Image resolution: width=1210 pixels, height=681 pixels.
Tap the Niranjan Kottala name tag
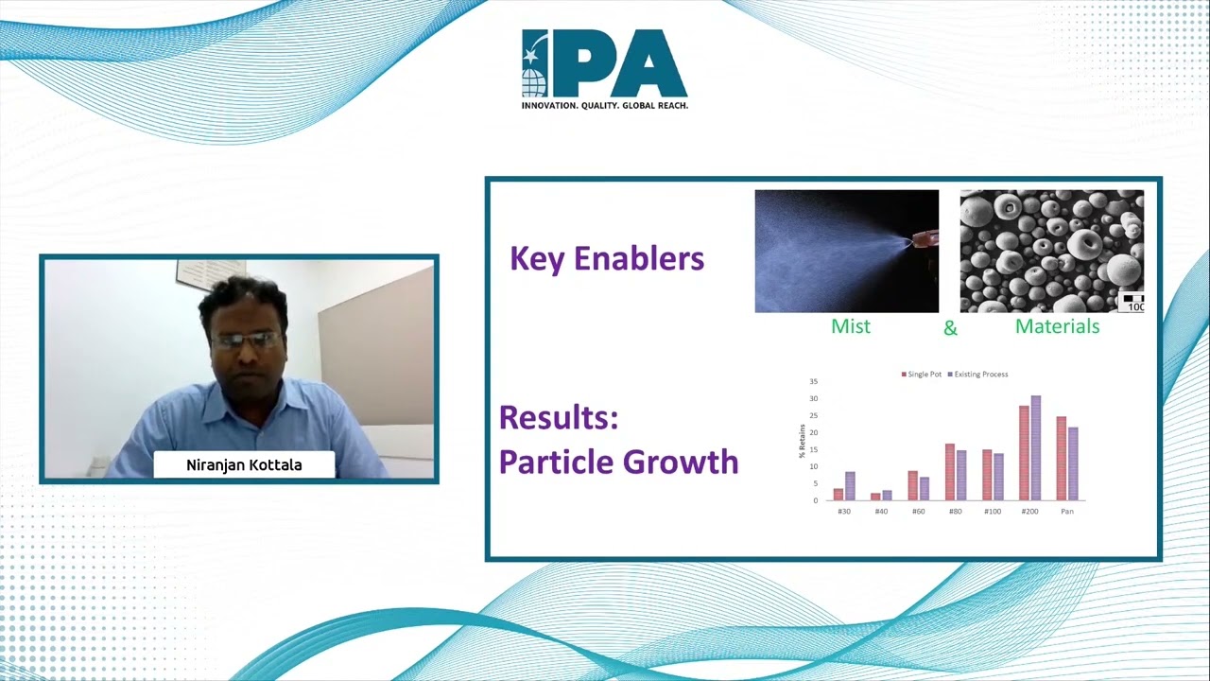pos(244,464)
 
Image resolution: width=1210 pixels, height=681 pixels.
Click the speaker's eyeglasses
pos(246,340)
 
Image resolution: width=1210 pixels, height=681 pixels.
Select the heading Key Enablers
pos(607,259)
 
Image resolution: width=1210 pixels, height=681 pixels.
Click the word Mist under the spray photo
pos(851,326)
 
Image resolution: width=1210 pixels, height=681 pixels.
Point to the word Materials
pos(1057,326)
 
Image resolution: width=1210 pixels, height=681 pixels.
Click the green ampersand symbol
pos(950,328)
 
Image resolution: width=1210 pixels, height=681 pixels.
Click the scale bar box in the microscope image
pos(1132,303)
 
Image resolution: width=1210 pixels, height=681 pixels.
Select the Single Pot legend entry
pos(922,374)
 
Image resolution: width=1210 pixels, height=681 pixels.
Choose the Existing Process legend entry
pos(977,374)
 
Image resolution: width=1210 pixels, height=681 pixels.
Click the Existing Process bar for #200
pos(1035,448)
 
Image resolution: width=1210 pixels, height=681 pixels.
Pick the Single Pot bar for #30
pos(838,495)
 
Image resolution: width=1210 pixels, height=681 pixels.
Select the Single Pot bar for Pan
pos(1062,459)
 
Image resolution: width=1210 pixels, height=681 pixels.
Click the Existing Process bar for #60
pos(925,489)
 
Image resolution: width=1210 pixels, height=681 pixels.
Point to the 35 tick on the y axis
pos(814,381)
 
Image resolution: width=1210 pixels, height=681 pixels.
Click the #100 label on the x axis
pos(993,512)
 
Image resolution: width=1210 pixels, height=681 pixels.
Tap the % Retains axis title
pos(803,441)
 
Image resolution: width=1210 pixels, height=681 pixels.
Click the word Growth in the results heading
pos(681,463)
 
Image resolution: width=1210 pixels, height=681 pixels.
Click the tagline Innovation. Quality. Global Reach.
pos(605,105)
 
